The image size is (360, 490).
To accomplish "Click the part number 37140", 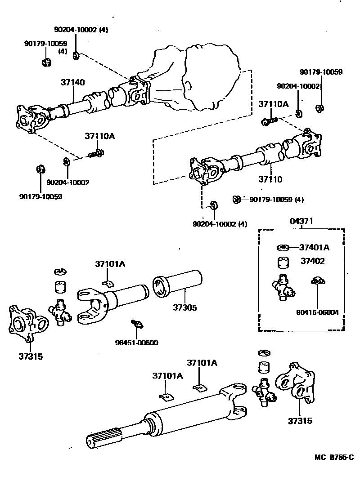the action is pos(72,82).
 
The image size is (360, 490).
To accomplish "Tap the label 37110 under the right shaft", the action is pos(270,179).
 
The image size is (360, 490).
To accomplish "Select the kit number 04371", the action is pos(301,221).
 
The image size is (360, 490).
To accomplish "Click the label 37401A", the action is pos(314,248).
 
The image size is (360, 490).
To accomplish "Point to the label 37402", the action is pos(312,261).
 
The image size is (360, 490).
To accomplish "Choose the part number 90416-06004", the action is pos(317,312).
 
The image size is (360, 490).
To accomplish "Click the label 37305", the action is pos(185,307).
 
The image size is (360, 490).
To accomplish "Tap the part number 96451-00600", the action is pos(137,343).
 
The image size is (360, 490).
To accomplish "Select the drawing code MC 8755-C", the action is pos(334,458).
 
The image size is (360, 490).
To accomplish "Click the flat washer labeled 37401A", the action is pos(283,248).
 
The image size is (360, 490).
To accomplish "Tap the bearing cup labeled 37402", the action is pos(283,262).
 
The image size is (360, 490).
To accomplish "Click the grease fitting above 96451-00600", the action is pos(137,324).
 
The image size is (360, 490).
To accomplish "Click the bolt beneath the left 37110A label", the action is pos(96,153).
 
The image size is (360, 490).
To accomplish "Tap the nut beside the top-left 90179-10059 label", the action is pos(47,62).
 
